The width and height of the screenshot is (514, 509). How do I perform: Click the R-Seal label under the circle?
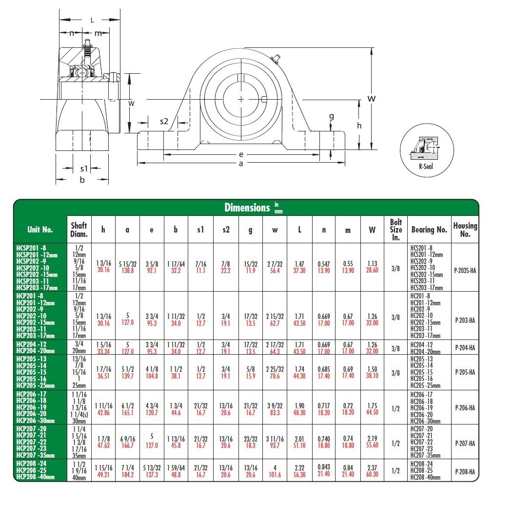click(x=426, y=166)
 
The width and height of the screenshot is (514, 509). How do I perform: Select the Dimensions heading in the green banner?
click(x=247, y=208)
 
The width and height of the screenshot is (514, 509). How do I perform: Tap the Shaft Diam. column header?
click(x=79, y=229)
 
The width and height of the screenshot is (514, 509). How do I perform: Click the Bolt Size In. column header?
click(x=395, y=229)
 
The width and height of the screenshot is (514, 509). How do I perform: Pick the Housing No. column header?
click(x=465, y=229)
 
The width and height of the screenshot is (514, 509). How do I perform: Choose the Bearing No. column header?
click(x=429, y=229)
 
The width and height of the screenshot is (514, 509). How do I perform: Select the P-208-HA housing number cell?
click(x=465, y=471)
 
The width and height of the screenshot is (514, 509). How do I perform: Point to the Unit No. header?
click(x=40, y=229)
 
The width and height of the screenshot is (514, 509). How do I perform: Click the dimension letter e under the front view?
click(x=241, y=154)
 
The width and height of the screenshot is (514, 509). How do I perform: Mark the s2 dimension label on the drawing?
click(x=164, y=121)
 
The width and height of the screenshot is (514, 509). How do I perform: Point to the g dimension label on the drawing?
click(x=332, y=116)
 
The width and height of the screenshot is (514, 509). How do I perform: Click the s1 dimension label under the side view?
click(x=84, y=169)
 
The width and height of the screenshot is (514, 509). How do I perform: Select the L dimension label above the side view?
click(x=92, y=20)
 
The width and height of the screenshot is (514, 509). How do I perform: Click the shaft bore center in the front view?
click(x=241, y=99)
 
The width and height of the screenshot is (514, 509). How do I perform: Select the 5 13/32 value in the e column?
click(x=152, y=467)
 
